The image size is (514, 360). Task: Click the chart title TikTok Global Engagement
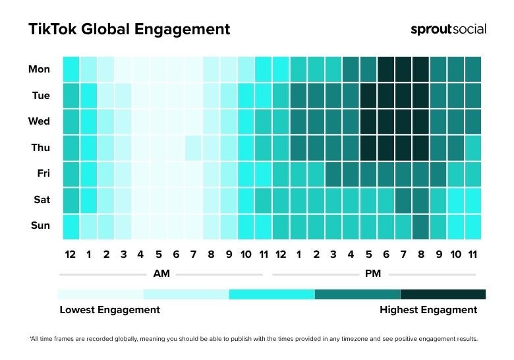129,29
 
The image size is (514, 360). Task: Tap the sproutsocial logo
448,29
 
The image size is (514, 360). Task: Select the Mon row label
39,69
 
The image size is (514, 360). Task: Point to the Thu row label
40,148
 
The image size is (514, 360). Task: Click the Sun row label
40,225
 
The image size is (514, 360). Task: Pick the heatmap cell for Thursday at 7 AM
193,148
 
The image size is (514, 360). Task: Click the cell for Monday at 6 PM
385,69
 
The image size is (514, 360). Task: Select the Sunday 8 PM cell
420,225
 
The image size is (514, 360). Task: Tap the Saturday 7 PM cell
403,200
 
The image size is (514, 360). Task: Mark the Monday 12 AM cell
71,69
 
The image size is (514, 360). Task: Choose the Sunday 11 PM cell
472,225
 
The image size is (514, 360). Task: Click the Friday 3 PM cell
333,173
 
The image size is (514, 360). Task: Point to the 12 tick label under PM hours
280,255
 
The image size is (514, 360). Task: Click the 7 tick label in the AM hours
193,255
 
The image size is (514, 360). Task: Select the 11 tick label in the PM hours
472,255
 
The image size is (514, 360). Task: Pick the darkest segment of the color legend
443,294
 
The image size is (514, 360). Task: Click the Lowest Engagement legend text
109,310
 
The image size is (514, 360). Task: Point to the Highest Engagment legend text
428,310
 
